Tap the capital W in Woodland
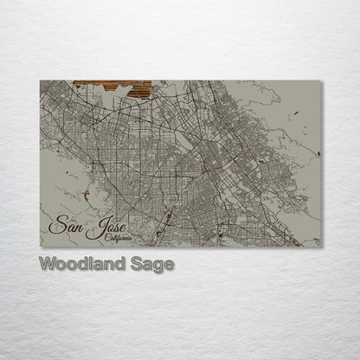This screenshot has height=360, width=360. click(x=47, y=263)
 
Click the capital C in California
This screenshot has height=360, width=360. click(x=103, y=238)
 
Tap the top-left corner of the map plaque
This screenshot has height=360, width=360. click(x=40, y=80)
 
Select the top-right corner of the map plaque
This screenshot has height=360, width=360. click(x=321, y=80)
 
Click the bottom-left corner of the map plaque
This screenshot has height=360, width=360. click(x=40, y=247)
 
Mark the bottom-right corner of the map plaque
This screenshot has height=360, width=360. click(x=321, y=247)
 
